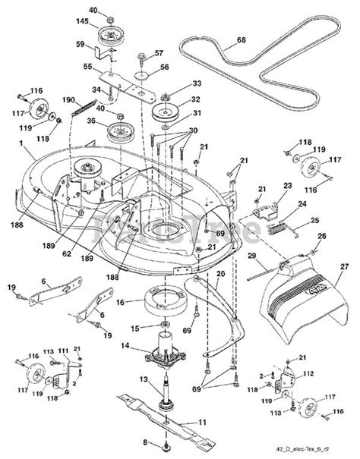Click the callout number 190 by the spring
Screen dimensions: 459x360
tap(68, 99)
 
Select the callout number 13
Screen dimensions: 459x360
tap(142, 379)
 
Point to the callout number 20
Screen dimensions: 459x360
tap(220, 274)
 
